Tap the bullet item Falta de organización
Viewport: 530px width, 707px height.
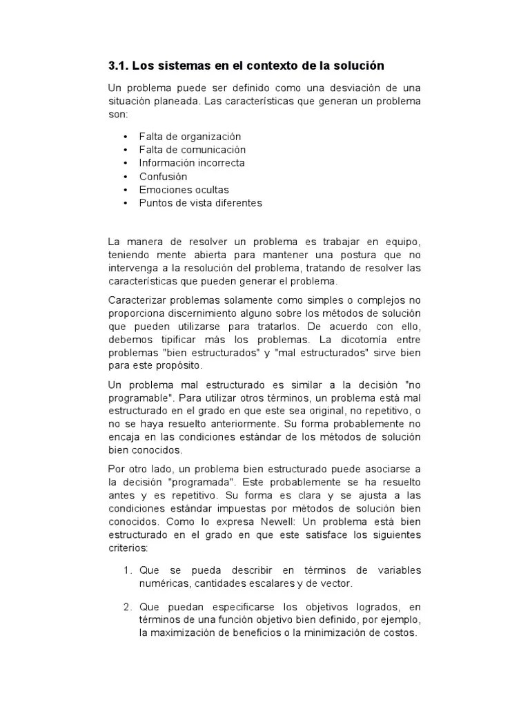190,137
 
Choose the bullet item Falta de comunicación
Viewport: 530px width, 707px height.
192,150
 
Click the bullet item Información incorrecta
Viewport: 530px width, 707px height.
191,163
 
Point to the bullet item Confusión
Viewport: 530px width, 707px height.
163,176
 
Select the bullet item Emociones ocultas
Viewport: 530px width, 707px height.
184,189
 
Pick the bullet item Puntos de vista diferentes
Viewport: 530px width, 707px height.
200,203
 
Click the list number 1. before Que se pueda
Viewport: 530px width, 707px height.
128,570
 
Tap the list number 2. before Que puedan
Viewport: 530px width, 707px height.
128,607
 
